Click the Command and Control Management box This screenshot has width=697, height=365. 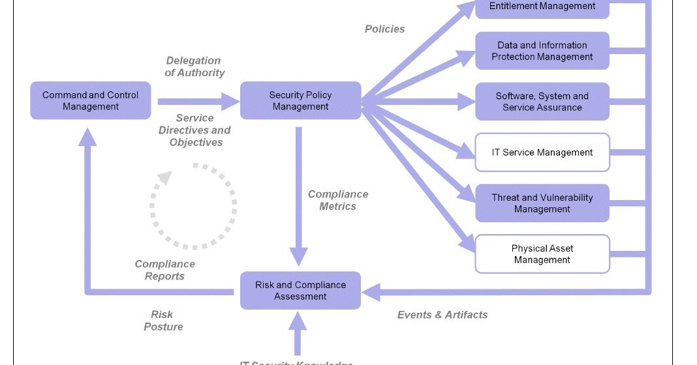[91, 100]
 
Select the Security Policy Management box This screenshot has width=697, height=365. [300, 100]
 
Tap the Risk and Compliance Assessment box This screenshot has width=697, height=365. [300, 290]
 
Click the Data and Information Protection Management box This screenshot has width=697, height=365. [542, 51]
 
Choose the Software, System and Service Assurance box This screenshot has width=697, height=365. [542, 102]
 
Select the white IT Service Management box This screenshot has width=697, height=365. [542, 153]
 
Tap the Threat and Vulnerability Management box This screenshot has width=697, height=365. [542, 203]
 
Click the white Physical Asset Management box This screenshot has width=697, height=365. [542, 254]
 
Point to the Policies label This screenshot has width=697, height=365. [384, 29]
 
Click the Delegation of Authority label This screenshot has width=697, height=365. [194, 66]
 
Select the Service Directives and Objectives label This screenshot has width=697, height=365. [195, 130]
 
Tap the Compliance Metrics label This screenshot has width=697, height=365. [338, 200]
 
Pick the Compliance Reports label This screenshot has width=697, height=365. [164, 270]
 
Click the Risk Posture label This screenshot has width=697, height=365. [163, 321]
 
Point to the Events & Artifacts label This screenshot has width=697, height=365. [442, 315]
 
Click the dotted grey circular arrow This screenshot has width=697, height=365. [193, 206]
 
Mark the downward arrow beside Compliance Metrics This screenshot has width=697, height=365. [299, 196]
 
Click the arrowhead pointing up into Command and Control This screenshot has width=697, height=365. [87, 135]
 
